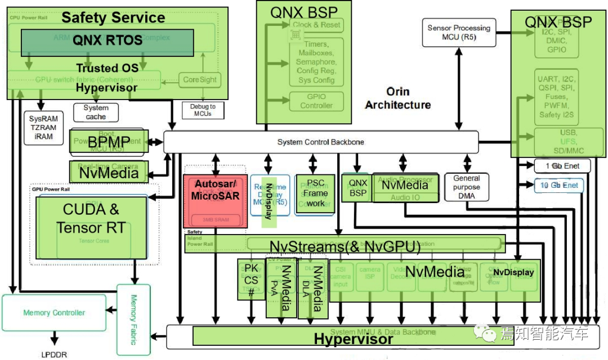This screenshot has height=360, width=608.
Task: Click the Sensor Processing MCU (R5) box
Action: pos(459,32)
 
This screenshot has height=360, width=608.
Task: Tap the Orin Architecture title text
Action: pos(397,98)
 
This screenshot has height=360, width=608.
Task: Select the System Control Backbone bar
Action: pos(321,142)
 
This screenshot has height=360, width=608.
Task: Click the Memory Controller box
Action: pos(54,313)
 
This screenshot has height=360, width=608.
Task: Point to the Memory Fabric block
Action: pos(133,319)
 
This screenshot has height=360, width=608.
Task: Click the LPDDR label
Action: pos(55,354)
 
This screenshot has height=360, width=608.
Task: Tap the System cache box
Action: pos(96,112)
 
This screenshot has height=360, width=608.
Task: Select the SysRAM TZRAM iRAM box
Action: pos(43,128)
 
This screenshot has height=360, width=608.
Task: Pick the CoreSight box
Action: pos(199,79)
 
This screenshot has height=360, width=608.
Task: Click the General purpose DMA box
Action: pos(466,187)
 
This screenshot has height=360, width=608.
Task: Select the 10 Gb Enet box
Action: pos(559,185)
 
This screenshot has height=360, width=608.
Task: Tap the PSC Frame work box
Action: pos(315,193)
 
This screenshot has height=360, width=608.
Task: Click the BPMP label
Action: pos(109,142)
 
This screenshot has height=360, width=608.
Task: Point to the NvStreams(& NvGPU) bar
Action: pos(345,245)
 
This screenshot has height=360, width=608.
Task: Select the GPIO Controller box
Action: pos(316,101)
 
